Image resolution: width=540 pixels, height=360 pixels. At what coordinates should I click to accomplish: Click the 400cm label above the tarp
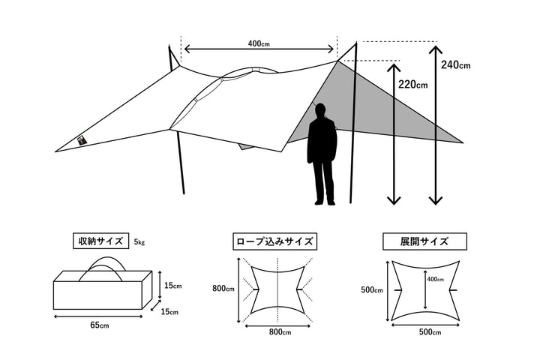click(x=259, y=43)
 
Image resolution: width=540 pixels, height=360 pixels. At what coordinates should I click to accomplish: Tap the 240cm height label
click(x=456, y=64)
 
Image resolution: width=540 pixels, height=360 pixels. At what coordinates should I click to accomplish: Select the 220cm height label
click(x=413, y=85)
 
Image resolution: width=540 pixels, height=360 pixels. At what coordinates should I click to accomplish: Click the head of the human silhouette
click(x=321, y=110)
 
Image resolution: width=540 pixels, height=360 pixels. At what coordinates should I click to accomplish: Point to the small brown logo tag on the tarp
click(x=82, y=139)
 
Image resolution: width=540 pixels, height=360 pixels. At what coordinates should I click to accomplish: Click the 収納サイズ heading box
click(x=101, y=241)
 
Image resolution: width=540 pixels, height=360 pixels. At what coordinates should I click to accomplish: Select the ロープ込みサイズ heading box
click(x=274, y=241)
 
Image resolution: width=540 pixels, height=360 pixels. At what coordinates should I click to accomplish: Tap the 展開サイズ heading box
click(x=424, y=241)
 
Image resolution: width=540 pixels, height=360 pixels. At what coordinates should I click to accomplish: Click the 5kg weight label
click(x=139, y=242)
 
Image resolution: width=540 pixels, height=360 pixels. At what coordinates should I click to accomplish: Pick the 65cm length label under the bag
click(x=100, y=325)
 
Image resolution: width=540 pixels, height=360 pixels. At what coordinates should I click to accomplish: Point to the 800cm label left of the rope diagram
click(x=223, y=288)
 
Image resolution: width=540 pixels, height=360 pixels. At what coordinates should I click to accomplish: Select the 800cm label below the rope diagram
click(x=280, y=331)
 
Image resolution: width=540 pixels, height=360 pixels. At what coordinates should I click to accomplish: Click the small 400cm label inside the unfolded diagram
click(x=435, y=279)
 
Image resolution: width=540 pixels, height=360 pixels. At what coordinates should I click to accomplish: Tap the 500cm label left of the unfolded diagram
click(x=371, y=289)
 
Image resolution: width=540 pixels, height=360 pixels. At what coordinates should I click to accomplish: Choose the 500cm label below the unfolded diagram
click(x=430, y=331)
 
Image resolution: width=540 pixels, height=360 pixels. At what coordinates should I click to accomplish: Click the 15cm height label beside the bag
click(x=173, y=286)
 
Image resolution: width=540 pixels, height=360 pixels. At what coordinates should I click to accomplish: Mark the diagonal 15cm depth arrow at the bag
click(x=156, y=305)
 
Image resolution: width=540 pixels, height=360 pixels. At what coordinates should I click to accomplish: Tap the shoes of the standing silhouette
click(x=325, y=203)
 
